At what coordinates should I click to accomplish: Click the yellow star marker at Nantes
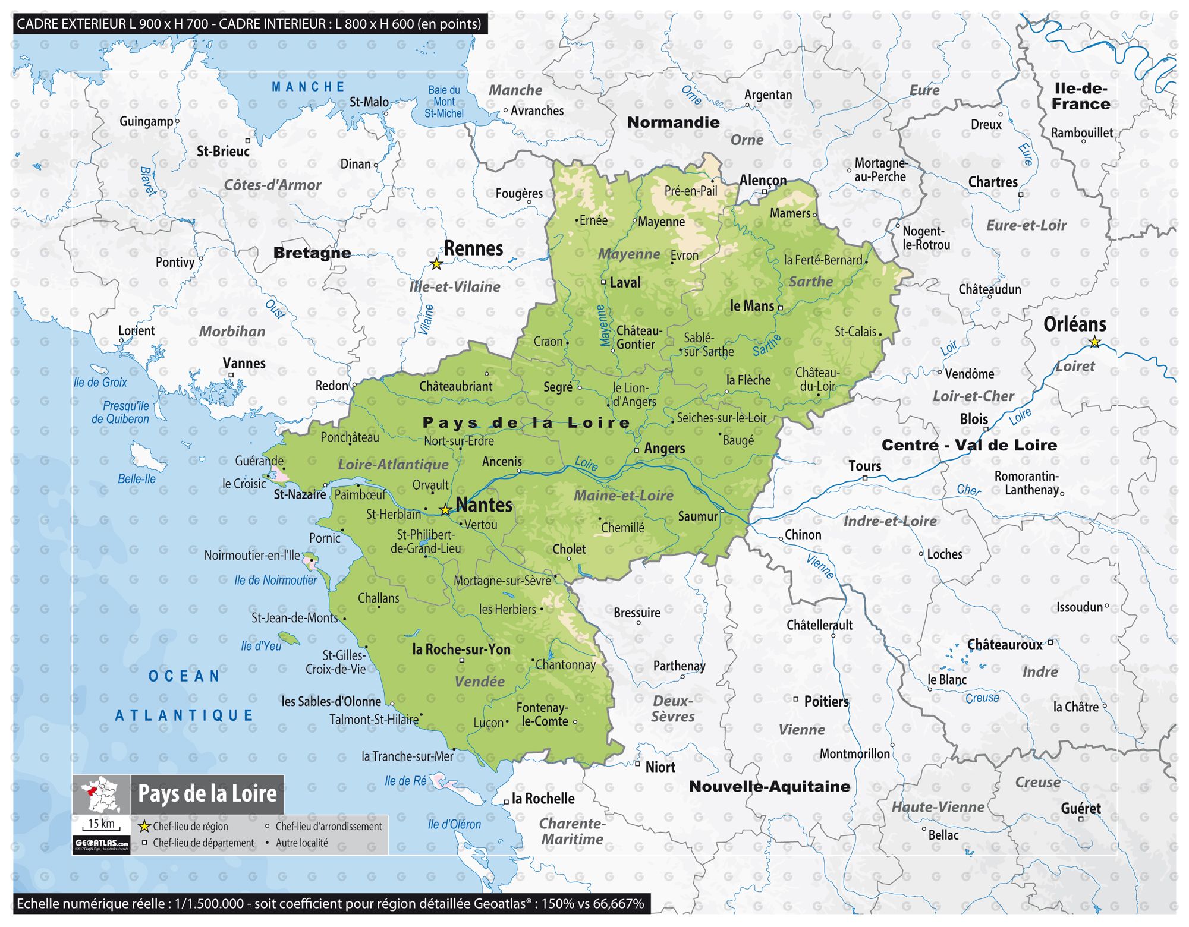pyautogui.click(x=445, y=510)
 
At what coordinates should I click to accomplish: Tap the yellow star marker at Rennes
pyautogui.click(x=436, y=264)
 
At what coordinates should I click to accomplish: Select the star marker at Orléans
pyautogui.click(x=1094, y=342)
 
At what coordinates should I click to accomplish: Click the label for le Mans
pyautogui.click(x=751, y=306)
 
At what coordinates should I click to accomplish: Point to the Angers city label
pyautogui.click(x=664, y=449)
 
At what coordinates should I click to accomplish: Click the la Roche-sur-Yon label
pyautogui.click(x=461, y=649)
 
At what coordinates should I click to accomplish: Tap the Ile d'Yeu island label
pyautogui.click(x=261, y=646)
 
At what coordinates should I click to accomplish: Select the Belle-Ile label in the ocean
pyautogui.click(x=137, y=479)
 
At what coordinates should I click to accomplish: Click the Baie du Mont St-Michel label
pyautogui.click(x=444, y=102)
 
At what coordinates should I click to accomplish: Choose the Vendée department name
pyautogui.click(x=479, y=682)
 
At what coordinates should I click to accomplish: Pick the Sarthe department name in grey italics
pyautogui.click(x=810, y=282)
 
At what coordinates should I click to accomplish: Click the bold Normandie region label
pyautogui.click(x=673, y=122)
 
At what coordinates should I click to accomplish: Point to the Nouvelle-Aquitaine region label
pyautogui.click(x=769, y=786)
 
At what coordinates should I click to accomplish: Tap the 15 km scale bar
pyautogui.click(x=102, y=825)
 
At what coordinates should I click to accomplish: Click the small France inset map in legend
pyautogui.click(x=102, y=794)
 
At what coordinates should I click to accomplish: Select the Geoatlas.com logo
pyautogui.click(x=102, y=844)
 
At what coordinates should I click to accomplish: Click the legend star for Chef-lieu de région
pyautogui.click(x=144, y=827)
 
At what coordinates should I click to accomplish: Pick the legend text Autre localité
pyautogui.click(x=301, y=843)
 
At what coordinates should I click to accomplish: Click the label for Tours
pyautogui.click(x=864, y=466)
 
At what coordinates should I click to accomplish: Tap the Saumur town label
pyautogui.click(x=697, y=516)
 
